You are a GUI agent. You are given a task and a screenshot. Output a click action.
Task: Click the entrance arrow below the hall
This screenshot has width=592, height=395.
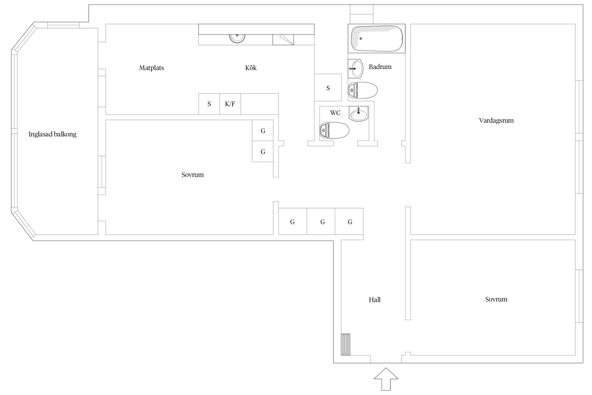click(386, 379)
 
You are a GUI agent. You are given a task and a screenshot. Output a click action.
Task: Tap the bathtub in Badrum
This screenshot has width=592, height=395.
click(377, 39)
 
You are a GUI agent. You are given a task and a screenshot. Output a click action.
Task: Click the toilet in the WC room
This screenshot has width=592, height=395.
click(334, 130)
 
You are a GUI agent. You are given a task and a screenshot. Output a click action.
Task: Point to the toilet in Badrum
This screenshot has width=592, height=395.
click(363, 90)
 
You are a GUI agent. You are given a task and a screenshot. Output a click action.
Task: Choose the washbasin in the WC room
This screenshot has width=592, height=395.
click(358, 114)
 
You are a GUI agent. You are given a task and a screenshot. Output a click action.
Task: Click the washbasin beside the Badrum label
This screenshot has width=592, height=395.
click(356, 69)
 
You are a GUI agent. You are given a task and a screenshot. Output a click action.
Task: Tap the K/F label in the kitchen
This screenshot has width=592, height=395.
click(230, 104)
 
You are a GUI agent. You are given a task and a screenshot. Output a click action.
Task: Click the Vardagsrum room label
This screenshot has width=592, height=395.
click(496, 120)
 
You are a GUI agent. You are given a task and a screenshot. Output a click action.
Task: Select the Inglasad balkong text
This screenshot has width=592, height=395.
click(52, 134)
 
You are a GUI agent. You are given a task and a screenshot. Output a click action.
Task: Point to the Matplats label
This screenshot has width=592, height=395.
click(151, 68)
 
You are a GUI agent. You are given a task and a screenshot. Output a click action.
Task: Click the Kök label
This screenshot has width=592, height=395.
click(251, 68)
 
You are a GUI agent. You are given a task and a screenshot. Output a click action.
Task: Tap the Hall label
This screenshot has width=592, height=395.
click(375, 300)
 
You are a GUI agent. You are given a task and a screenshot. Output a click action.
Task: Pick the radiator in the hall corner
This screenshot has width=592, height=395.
click(345, 344)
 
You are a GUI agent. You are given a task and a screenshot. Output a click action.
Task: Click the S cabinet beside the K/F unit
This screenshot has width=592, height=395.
click(209, 104)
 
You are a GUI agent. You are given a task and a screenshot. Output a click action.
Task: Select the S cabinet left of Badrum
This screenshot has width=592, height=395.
click(328, 87)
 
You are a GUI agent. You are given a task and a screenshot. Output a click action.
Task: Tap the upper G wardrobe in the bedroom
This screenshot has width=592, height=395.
click(263, 131)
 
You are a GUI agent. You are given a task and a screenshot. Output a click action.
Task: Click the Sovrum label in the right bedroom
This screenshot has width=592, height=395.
click(496, 299)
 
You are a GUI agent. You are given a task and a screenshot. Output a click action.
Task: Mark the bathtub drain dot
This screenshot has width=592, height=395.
click(360, 39)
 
